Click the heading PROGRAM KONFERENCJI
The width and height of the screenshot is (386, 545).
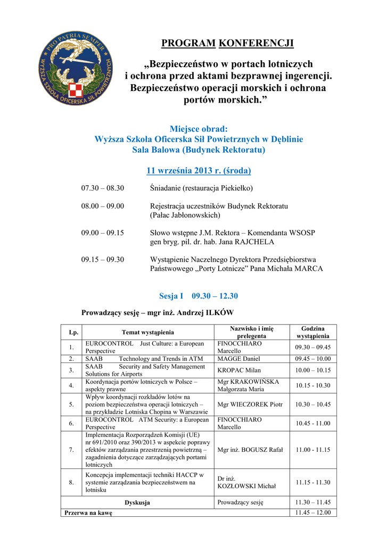pos(227,43)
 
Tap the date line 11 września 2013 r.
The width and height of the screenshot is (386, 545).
pos(199,171)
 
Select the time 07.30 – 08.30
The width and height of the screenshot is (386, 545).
pos(102,188)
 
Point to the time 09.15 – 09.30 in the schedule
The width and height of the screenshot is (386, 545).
pos(102,260)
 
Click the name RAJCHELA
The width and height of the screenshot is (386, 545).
pos(251,242)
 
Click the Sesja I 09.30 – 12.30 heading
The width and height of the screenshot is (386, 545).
pos(199,296)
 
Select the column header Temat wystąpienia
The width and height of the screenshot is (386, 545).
pos(148,332)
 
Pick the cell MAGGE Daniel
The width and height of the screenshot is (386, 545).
pos(239,359)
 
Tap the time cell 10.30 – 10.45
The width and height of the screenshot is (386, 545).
pos(313,404)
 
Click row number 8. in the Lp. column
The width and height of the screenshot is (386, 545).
pos(71,482)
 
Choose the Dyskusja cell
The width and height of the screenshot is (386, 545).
pos(137,502)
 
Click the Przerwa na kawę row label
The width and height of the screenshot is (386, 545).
pos(88,513)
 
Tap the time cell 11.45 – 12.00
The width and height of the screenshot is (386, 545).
pos(313,513)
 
